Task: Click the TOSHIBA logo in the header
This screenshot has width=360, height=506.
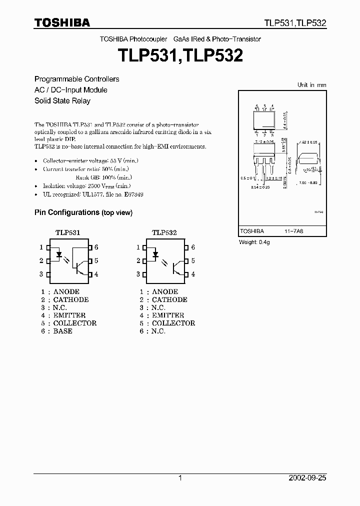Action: (62, 22)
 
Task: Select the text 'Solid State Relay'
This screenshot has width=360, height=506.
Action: (62, 100)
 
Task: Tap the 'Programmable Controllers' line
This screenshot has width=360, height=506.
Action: (76, 79)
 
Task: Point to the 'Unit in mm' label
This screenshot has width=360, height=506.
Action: (311, 85)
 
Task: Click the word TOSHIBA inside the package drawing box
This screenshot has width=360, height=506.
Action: (252, 231)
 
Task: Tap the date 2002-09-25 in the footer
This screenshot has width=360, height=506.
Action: (307, 478)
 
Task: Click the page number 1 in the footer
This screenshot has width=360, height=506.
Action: (180, 478)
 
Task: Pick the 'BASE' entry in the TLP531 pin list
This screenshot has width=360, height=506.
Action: (62, 331)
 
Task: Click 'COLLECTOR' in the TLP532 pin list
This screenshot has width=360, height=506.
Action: (173, 323)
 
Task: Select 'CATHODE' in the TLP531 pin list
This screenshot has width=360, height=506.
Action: (70, 299)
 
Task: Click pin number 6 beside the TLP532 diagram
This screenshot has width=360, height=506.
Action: (193, 247)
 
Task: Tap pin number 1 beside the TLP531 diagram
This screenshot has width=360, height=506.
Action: (41, 247)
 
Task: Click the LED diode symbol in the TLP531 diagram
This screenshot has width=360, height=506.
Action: (59, 254)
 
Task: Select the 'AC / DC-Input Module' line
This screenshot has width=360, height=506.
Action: (70, 90)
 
